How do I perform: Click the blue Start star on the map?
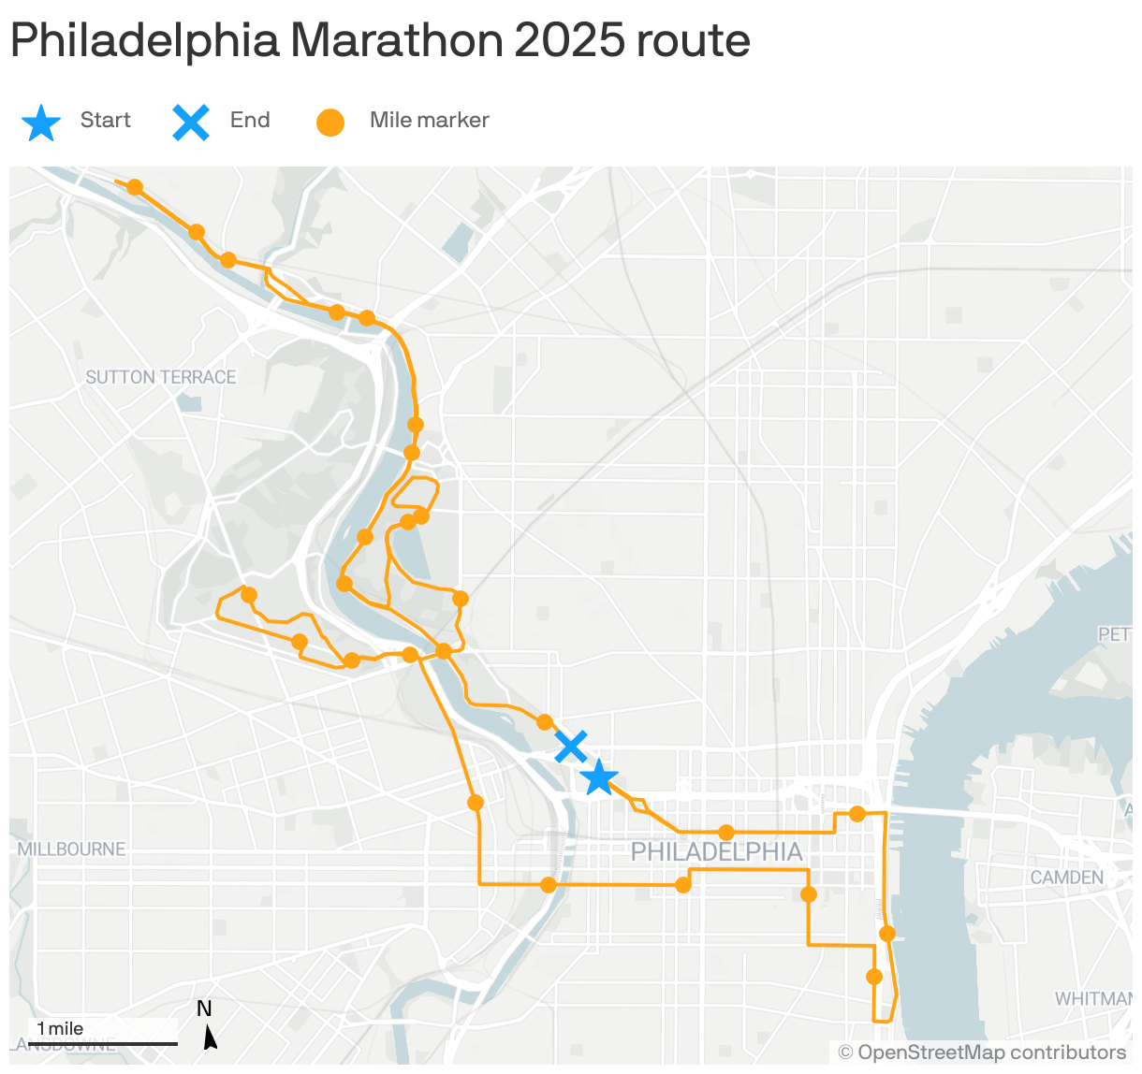tap(599, 777)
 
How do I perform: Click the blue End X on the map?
tap(571, 747)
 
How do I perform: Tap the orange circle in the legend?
tap(330, 123)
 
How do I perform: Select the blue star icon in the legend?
tap(41, 123)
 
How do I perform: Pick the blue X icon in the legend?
tap(191, 123)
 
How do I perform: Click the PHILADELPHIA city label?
tap(716, 852)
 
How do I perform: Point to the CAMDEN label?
tap(1066, 878)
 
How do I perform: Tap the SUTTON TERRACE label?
tap(161, 377)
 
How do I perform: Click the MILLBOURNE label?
tap(72, 849)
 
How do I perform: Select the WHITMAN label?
tap(1092, 999)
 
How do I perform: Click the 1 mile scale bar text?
tap(60, 1028)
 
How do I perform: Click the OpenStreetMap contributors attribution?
tap(982, 1053)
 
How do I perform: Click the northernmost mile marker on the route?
tap(135, 187)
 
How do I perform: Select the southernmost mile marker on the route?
tap(874, 977)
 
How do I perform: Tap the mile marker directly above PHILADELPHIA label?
tap(726, 833)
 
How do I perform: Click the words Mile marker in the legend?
tap(429, 120)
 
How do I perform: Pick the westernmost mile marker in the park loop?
tap(249, 595)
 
